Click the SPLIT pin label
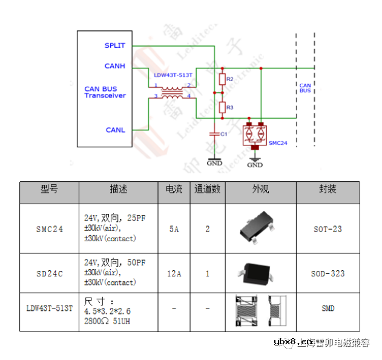[x=114, y=45]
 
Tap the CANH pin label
[x=114, y=66]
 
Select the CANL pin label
[x=115, y=130]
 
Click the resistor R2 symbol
[x=222, y=79]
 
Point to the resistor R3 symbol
[x=222, y=107]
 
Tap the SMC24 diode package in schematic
[x=255, y=135]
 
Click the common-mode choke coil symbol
[x=173, y=91]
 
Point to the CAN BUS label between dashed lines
[x=305, y=88]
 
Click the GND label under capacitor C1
[x=214, y=162]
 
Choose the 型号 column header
[x=49, y=189]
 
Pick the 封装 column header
[x=328, y=189]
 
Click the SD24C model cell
[x=49, y=273]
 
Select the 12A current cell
[x=174, y=273]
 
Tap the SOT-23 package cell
[x=328, y=229]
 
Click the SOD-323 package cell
[x=328, y=273]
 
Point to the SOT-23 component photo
[x=260, y=228]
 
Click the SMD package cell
[x=328, y=308]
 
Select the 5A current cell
[x=174, y=229]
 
